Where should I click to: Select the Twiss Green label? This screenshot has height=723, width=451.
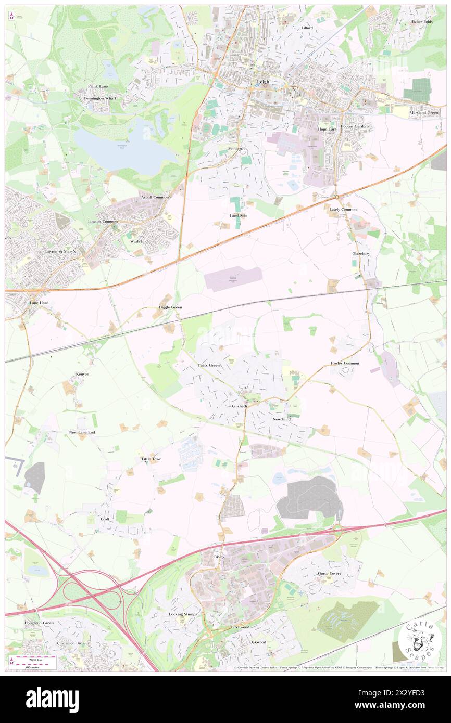tap(208, 366)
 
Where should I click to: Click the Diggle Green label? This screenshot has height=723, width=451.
tap(170, 307)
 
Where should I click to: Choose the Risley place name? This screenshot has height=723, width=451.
tap(219, 557)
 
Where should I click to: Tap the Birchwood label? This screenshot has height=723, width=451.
tap(241, 627)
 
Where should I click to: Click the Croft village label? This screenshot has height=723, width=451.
tap(105, 519)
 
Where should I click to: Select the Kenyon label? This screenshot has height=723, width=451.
tap(82, 374)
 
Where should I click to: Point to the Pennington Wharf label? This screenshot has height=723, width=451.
tap(101, 98)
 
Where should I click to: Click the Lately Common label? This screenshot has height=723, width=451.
tap(343, 209)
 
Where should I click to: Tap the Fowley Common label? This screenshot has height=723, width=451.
tap(344, 363)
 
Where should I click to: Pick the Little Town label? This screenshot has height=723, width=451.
tap(152, 459)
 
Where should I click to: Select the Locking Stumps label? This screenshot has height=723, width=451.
tap(183, 614)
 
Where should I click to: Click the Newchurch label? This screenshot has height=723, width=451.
tap(282, 419)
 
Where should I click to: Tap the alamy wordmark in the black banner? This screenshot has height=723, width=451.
tap(53, 699)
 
